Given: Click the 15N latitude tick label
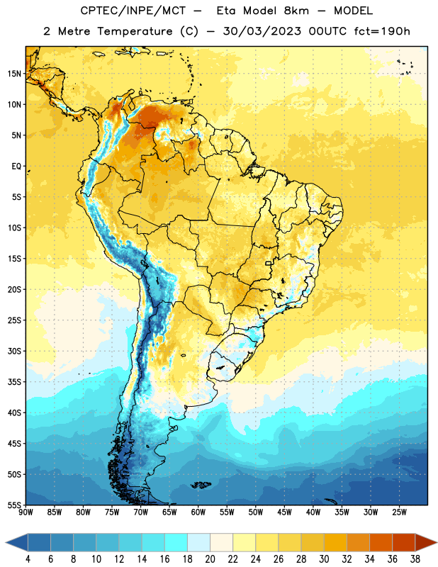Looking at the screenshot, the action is [x=14, y=74].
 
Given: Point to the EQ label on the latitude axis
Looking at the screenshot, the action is [x=16, y=167].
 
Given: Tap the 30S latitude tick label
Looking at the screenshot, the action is [x=14, y=351].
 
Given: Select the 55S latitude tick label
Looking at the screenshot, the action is [x=14, y=505].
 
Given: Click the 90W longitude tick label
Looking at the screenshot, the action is [x=26, y=512].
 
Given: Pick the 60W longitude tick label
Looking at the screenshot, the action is [x=198, y=512].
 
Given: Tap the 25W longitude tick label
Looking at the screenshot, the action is [x=399, y=512].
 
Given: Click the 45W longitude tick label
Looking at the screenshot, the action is [x=284, y=512].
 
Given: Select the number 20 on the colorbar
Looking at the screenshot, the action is [x=210, y=559].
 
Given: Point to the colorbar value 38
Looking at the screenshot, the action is [x=415, y=559].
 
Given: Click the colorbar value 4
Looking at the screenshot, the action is [x=28, y=559].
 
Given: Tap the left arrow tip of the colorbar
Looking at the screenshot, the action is [x=6, y=543].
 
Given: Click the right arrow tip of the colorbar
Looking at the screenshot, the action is [x=437, y=543].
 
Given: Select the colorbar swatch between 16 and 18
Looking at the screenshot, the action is [x=176, y=543].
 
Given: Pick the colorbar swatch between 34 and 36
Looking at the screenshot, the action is [x=381, y=543].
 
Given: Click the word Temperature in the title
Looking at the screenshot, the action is [x=135, y=31].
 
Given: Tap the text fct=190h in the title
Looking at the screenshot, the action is [x=382, y=31].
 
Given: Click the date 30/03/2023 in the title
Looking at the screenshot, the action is [x=262, y=31].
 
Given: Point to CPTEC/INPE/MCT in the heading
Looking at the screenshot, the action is [x=133, y=11].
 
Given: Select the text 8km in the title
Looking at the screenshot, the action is [x=296, y=11].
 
